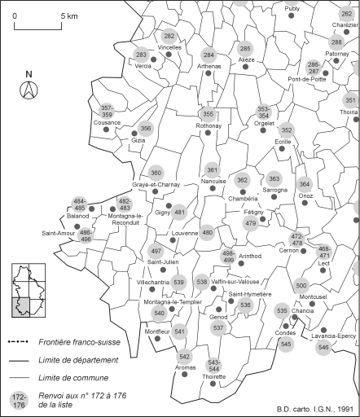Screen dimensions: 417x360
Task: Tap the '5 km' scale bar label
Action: click(68, 15)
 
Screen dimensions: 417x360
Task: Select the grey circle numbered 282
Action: click(169, 37)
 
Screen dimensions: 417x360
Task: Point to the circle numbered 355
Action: click(209, 114)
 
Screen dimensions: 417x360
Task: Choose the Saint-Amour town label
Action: click(56, 233)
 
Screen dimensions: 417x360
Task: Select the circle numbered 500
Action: click(301, 285)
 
